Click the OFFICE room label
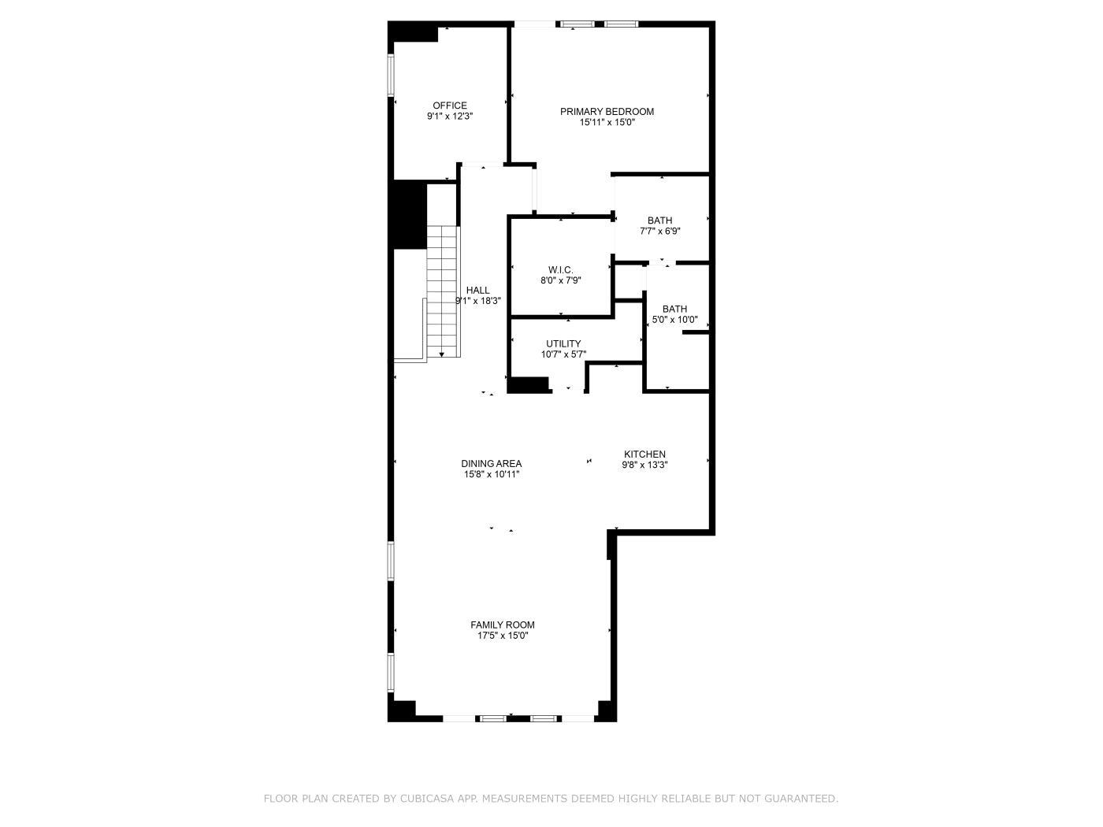[x=449, y=106]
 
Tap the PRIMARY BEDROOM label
[x=607, y=111]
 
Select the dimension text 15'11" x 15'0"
[x=607, y=122]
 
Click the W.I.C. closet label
[x=560, y=270]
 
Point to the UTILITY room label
[x=563, y=343]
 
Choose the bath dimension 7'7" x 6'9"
[x=659, y=232]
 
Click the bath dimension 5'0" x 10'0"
[x=674, y=320]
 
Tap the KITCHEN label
[x=644, y=454]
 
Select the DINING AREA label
[x=491, y=464]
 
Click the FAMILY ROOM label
[x=502, y=625]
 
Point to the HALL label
[x=477, y=290]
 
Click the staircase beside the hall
[x=442, y=291]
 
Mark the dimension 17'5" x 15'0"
[x=502, y=636]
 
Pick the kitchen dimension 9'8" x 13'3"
[x=644, y=465]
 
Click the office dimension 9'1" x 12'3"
[x=449, y=116]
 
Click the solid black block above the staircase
[x=409, y=214]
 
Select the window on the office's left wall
[x=390, y=75]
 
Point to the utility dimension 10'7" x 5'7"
[x=563, y=354]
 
